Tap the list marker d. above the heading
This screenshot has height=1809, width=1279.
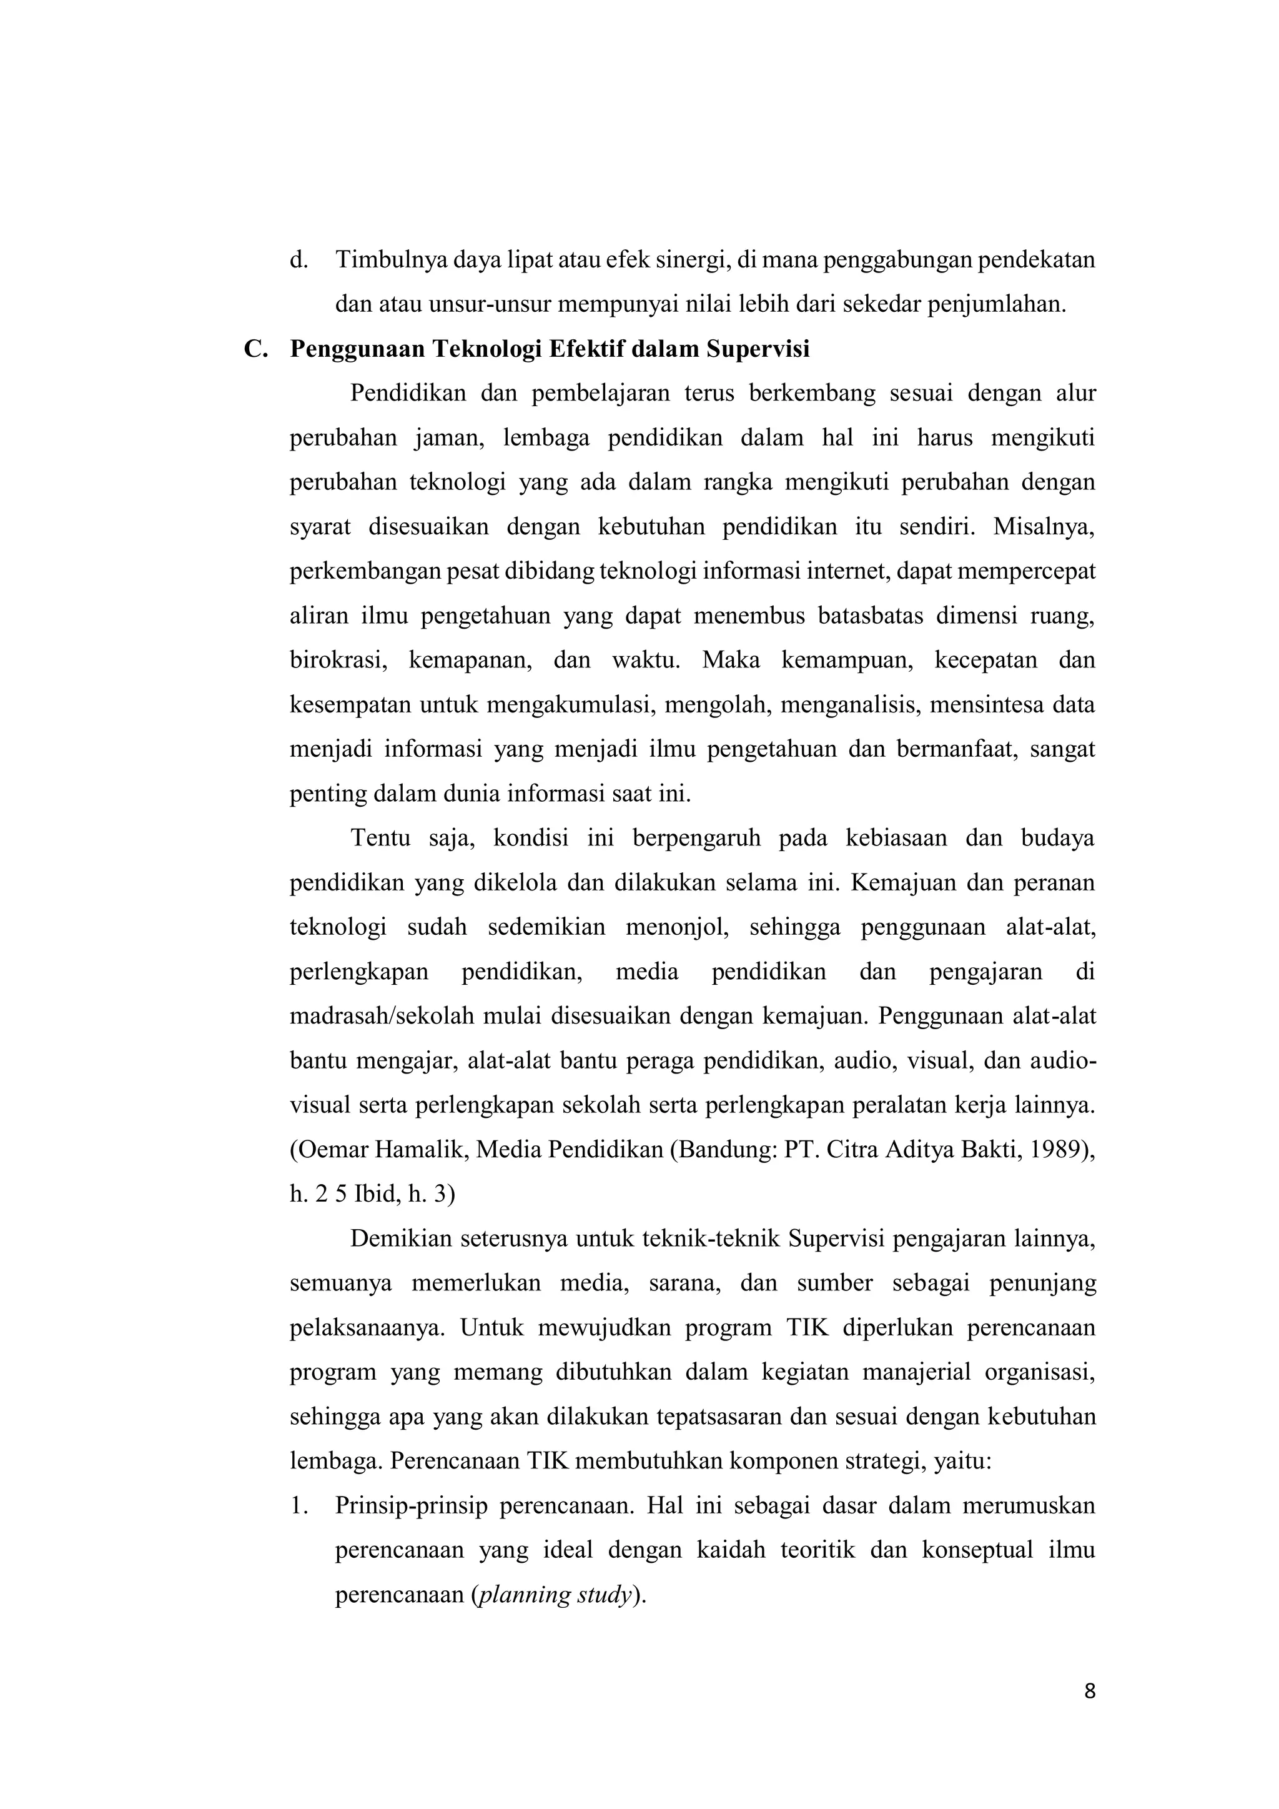coord(298,259)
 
